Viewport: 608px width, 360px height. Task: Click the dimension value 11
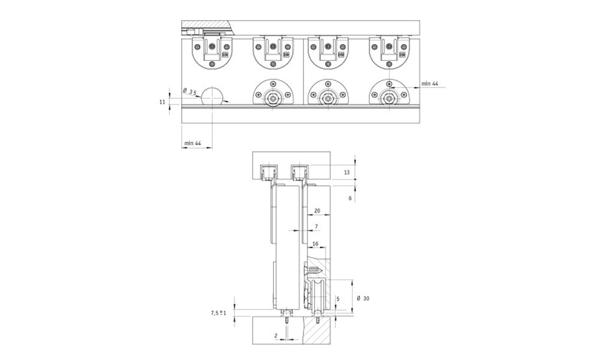pos(162,102)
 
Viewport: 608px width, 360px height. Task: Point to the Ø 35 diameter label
pos(190,92)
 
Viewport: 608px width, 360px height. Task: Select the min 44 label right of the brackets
pos(430,83)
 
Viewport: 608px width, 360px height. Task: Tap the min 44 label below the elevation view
pos(192,143)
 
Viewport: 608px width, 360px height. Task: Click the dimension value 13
pos(347,172)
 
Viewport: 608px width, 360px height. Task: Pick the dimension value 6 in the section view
pos(350,198)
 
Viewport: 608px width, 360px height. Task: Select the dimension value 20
pos(317,211)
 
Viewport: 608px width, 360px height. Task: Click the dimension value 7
pos(316,226)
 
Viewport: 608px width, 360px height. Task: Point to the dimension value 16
pos(315,244)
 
